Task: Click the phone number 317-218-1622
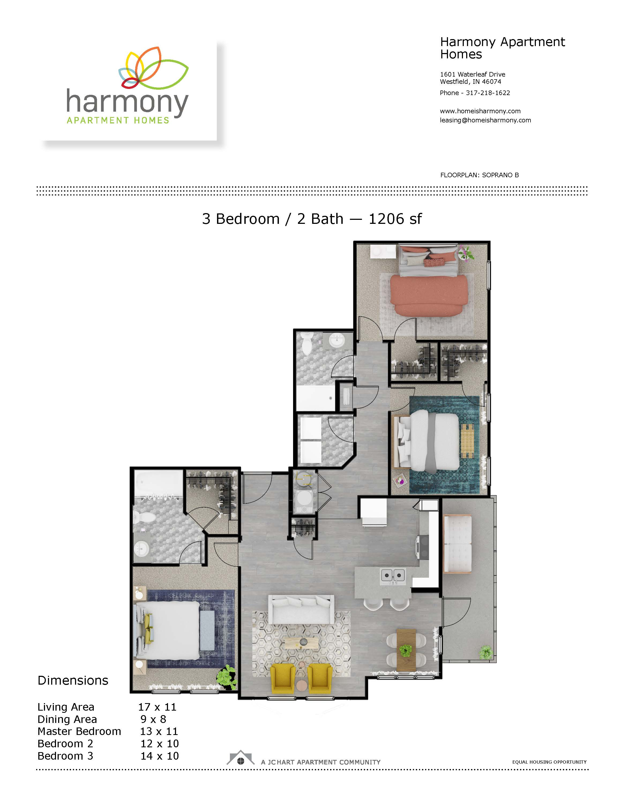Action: click(488, 93)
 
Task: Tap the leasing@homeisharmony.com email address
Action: click(485, 120)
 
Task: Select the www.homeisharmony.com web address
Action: click(480, 111)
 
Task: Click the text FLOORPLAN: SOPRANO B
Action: click(480, 175)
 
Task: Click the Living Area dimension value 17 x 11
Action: click(157, 707)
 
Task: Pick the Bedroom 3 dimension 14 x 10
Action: click(159, 756)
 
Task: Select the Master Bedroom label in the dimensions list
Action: click(79, 731)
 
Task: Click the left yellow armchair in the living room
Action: click(283, 678)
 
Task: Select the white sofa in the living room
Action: click(301, 609)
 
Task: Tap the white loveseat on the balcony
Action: click(457, 544)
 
